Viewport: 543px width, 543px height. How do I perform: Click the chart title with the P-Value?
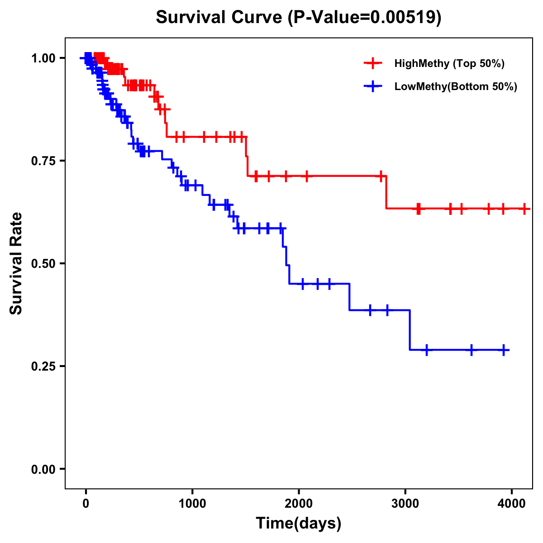pyautogui.click(x=298, y=17)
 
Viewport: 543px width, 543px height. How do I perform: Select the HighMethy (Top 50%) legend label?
pyautogui.click(x=449, y=63)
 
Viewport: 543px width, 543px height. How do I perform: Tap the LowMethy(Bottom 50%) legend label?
pyautogui.click(x=456, y=86)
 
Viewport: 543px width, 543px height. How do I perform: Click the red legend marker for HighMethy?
pyautogui.click(x=373, y=63)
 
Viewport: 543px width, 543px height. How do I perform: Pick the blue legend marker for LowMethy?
pyautogui.click(x=373, y=86)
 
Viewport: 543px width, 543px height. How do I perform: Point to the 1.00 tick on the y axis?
pyautogui.click(x=43, y=58)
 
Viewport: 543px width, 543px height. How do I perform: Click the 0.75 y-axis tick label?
pyautogui.click(x=43, y=161)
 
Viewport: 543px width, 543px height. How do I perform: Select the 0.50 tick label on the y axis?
pyautogui.click(x=43, y=263)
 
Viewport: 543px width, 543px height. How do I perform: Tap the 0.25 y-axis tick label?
pyautogui.click(x=43, y=366)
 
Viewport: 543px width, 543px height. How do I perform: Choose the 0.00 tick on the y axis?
pyautogui.click(x=43, y=469)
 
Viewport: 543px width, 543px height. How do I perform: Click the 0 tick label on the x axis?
pyautogui.click(x=86, y=504)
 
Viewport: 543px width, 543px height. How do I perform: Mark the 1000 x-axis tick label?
pyautogui.click(x=192, y=504)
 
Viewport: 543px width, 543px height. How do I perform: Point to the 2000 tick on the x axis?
pyautogui.click(x=299, y=504)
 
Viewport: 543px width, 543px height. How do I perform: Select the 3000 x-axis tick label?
pyautogui.click(x=405, y=504)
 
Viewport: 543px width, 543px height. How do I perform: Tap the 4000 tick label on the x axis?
pyautogui.click(x=511, y=504)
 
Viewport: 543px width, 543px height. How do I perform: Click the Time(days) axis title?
pyautogui.click(x=299, y=524)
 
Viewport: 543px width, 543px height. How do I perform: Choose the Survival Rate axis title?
pyautogui.click(x=16, y=263)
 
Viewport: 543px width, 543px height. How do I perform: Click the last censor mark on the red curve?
pyautogui.click(x=524, y=209)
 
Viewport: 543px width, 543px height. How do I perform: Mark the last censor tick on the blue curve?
pyautogui.click(x=504, y=350)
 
